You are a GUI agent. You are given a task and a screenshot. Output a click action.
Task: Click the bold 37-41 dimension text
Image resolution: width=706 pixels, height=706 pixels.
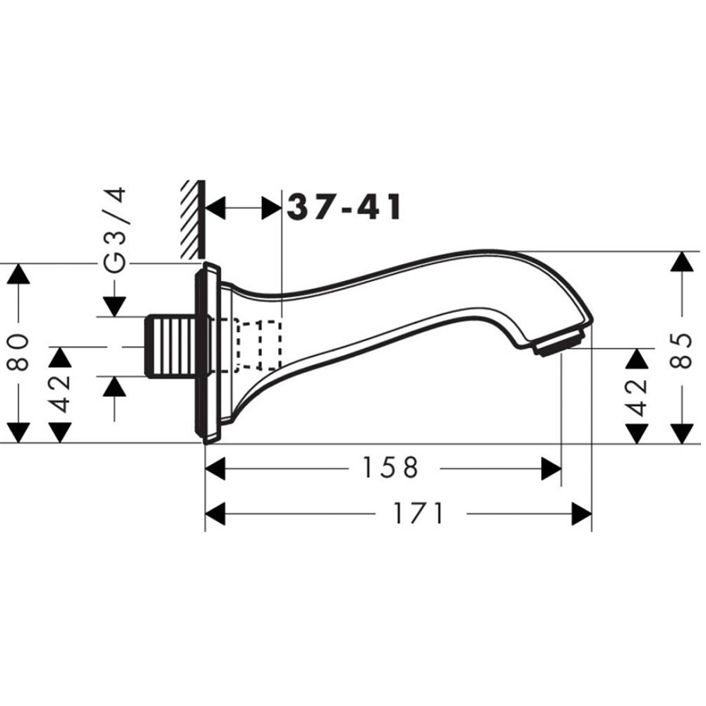345,208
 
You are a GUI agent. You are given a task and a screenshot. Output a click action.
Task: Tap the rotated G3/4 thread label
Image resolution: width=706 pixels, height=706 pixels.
114,229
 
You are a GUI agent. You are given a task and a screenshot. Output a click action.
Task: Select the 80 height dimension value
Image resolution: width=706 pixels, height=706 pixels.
20,352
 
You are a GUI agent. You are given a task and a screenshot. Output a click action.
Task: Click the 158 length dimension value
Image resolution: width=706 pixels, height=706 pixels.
390,467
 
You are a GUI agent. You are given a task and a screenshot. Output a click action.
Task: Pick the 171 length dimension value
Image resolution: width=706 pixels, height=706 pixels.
419,513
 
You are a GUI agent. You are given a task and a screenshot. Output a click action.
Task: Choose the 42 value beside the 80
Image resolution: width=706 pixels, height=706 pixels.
61,394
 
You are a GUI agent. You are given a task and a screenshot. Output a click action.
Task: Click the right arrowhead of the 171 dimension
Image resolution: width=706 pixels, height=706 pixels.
582,513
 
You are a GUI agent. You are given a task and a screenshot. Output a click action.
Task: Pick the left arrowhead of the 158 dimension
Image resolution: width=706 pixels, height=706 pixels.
215,467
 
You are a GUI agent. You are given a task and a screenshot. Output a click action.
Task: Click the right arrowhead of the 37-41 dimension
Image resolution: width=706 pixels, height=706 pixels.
271,208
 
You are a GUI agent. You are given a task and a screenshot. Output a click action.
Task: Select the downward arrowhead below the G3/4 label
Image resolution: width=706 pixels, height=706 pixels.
114,306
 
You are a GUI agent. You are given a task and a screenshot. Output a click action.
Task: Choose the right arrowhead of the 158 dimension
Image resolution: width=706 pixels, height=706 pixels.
551,467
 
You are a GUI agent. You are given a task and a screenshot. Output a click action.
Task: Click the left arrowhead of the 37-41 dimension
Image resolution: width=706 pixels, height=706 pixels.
215,208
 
